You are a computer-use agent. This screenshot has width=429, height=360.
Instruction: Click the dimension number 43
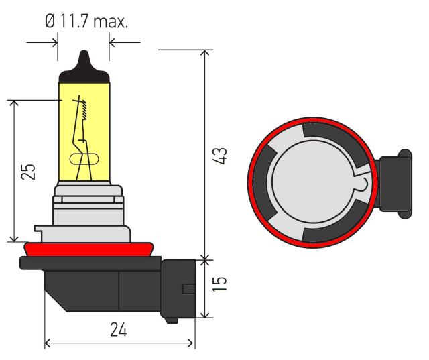point(220,156)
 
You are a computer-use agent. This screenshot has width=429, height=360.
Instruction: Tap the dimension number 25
point(28,171)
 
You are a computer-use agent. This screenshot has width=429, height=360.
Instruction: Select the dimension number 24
point(119,329)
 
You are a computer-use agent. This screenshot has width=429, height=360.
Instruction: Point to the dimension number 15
point(220,284)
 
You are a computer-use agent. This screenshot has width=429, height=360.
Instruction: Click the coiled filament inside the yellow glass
point(84,110)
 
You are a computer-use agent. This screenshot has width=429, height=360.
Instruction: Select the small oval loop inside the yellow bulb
point(84,159)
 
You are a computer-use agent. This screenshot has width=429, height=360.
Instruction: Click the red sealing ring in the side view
point(88,249)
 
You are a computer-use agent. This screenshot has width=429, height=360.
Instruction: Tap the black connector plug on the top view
point(394,183)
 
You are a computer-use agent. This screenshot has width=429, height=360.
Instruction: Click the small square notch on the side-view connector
point(189,289)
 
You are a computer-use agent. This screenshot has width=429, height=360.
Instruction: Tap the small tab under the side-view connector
point(172,320)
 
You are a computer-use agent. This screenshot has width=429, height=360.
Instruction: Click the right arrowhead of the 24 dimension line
point(190,343)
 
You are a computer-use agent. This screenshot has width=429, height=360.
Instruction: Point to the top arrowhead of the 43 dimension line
point(205,52)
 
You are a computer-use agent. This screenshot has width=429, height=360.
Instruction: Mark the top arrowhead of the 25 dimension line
point(14,103)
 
